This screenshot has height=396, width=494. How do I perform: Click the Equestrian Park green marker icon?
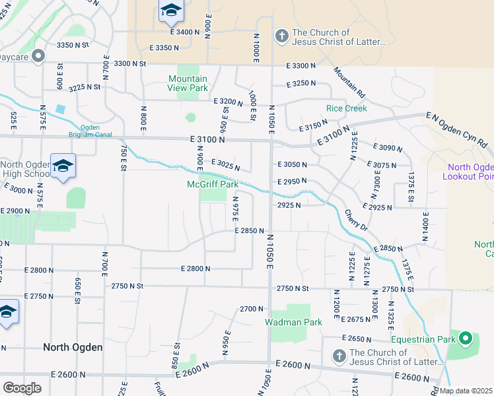point(466,340)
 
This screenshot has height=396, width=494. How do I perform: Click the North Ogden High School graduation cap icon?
point(63,166)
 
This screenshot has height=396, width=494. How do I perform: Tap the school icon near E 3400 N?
point(170,11)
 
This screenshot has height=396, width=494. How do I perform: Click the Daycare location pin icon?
point(38,56)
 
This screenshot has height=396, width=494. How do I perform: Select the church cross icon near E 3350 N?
point(281,36)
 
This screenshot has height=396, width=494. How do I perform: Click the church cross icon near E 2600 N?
point(339,356)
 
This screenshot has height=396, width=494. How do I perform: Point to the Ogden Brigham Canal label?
point(89,130)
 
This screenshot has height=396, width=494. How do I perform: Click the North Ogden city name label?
point(73,347)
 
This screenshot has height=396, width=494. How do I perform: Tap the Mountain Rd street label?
point(349,82)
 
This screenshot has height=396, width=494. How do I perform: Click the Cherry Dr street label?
point(355,220)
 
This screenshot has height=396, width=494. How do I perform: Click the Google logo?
point(22,388)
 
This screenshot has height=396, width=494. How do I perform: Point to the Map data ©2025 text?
point(466,391)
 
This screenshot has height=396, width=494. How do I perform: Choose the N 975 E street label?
point(235,211)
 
